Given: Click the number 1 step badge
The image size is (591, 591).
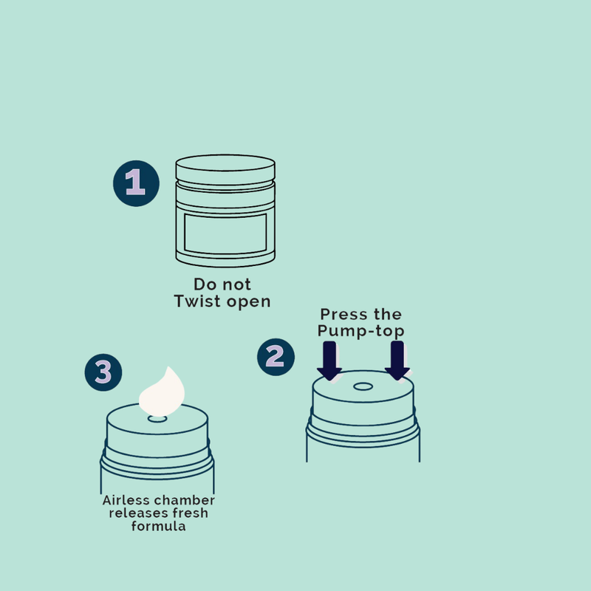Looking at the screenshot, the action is tap(136, 183).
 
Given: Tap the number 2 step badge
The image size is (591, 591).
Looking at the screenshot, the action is tap(276, 357).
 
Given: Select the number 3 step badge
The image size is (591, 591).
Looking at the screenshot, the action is tap(103, 372).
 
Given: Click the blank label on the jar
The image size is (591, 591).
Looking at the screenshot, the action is tap(225, 233).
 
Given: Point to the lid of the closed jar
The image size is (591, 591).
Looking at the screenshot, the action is tap(225, 168).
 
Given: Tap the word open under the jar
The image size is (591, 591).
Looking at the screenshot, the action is tap(248, 302).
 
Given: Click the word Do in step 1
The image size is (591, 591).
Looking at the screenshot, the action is tap(205, 284).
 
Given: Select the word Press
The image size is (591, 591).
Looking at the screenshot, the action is tap(342, 315).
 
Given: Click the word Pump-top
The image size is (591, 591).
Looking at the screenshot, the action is tap(361, 331).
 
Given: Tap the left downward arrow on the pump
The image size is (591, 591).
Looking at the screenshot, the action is tap(329, 361).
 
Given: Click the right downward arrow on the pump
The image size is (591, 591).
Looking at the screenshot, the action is tap(397, 361).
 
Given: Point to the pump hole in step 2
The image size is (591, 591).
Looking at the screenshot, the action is tap(363, 386).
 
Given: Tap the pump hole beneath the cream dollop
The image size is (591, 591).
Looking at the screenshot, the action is tap(157, 419).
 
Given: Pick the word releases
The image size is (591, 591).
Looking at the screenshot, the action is tap(133, 513).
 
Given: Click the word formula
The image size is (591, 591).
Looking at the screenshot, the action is tap(158, 526).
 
